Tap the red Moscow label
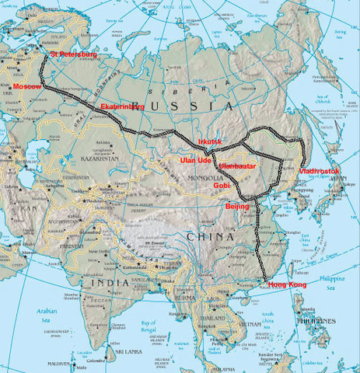pos(28,86)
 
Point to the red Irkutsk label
pos(209,141)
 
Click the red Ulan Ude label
pos(196,160)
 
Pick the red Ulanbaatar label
pos(237,166)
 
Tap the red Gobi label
pos(223,186)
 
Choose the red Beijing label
pos(237,207)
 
